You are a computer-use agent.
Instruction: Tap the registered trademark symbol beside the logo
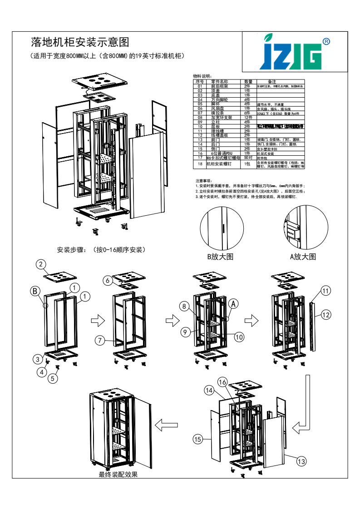point(326,41)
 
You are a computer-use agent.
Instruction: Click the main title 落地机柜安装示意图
point(80,43)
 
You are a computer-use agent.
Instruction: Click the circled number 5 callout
point(54,377)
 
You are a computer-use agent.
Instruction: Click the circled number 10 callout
point(239,337)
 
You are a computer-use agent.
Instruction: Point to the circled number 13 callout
point(301,461)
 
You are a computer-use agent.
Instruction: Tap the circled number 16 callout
point(222,382)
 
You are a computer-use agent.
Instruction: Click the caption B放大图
point(220,257)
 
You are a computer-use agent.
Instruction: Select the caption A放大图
point(303,257)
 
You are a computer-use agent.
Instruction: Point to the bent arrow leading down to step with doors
point(305,404)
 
